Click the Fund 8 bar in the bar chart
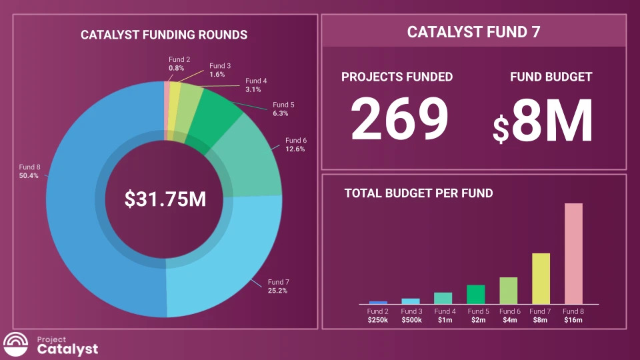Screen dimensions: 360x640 pyautogui.click(x=573, y=253)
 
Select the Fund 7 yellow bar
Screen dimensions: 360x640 pyautogui.click(x=541, y=279)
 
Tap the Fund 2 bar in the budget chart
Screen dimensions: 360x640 pyautogui.click(x=378, y=303)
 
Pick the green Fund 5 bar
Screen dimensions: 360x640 pyautogui.click(x=475, y=294)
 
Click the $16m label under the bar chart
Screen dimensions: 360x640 pyautogui.click(x=573, y=321)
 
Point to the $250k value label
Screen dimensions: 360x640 pyautogui.click(x=378, y=321)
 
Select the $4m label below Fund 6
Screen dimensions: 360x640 pyautogui.click(x=509, y=321)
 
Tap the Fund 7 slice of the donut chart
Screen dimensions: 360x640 pyautogui.click(x=213, y=267)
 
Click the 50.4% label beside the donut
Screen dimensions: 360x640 pyautogui.click(x=29, y=176)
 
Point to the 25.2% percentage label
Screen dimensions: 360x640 pyautogui.click(x=277, y=291)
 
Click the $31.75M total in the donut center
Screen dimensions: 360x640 pyautogui.click(x=165, y=199)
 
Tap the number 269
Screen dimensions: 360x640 pyautogui.click(x=399, y=119)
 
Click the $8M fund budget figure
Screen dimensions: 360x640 pyautogui.click(x=543, y=121)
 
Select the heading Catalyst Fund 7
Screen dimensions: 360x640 pyautogui.click(x=473, y=31)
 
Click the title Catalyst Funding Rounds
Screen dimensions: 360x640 pyautogui.click(x=164, y=35)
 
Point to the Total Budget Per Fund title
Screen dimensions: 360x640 pyautogui.click(x=419, y=193)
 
